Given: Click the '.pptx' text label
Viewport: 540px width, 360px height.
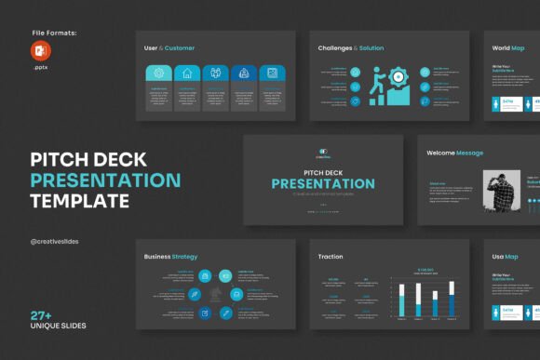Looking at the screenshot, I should (41, 68).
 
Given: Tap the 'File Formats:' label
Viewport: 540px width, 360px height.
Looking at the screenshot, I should (54, 33).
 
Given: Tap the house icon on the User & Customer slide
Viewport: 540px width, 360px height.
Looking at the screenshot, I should (186, 73).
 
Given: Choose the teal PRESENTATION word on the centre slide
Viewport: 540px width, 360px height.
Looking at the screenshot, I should (323, 183).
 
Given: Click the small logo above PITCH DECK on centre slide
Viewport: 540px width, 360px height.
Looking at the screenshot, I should (323, 152).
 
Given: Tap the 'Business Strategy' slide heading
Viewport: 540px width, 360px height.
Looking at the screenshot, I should (171, 256).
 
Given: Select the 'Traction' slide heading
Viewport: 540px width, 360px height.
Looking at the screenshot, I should (331, 256).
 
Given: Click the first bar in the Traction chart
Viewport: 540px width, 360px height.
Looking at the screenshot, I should (402, 300).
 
